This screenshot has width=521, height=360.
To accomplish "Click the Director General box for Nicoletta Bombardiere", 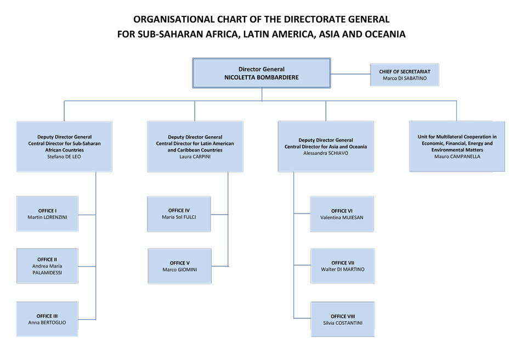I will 261,73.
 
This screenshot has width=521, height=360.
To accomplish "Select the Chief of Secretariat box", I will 405,75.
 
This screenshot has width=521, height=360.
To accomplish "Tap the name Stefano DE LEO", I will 64,156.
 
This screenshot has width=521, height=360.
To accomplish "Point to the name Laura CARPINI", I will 195,156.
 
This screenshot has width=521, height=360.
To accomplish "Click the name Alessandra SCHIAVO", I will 325,153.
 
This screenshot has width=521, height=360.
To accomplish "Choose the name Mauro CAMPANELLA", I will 457,156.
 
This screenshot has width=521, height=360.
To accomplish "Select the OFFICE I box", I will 47,213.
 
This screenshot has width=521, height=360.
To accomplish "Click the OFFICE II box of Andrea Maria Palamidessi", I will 47,266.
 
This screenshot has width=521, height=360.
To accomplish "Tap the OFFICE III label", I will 47,316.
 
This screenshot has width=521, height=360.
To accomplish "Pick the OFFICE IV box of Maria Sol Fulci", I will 179,213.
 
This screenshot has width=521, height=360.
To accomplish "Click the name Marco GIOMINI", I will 179,269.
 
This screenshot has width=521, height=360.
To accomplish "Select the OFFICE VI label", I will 342,211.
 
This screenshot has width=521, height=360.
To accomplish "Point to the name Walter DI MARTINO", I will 342,269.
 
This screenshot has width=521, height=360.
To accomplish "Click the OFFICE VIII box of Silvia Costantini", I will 342,319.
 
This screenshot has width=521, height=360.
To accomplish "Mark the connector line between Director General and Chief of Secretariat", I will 350,74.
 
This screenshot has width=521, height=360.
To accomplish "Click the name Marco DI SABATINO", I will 405,78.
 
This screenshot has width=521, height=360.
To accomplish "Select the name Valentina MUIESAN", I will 342,217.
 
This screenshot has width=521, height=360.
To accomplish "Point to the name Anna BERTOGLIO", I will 47,323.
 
